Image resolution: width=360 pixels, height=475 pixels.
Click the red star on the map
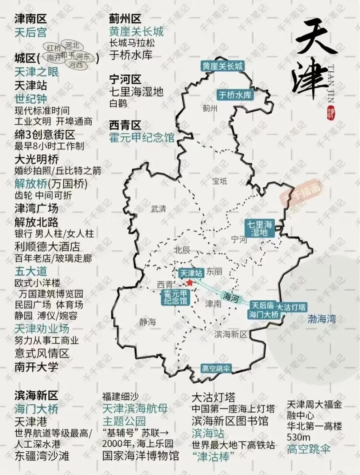click(190, 283)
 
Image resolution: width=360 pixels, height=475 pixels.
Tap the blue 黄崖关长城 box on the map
click(222, 66)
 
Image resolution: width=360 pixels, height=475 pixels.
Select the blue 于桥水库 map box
click(235, 95)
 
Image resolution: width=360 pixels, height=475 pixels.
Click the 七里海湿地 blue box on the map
click(259, 228)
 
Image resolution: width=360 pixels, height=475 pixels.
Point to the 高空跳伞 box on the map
click(216, 369)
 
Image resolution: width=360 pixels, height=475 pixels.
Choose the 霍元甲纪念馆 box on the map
click(175, 297)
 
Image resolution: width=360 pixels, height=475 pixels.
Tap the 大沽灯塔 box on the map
click(291, 307)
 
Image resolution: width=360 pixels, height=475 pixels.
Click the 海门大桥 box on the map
click(264, 314)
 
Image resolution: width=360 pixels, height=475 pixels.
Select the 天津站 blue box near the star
click(191, 273)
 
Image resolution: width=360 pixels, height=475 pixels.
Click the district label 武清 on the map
click(158, 209)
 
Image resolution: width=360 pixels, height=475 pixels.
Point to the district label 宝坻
click(220, 181)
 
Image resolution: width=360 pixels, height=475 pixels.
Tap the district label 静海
click(148, 322)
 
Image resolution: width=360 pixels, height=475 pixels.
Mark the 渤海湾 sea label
click(322, 319)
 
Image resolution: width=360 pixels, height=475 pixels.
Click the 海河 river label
click(231, 297)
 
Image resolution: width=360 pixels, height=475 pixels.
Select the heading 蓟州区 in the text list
click(125, 19)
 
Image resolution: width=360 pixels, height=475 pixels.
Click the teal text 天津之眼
click(36, 72)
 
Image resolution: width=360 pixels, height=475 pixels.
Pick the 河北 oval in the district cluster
click(72, 45)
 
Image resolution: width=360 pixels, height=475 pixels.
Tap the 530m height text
click(298, 437)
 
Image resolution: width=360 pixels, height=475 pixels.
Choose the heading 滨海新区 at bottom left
click(36, 396)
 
